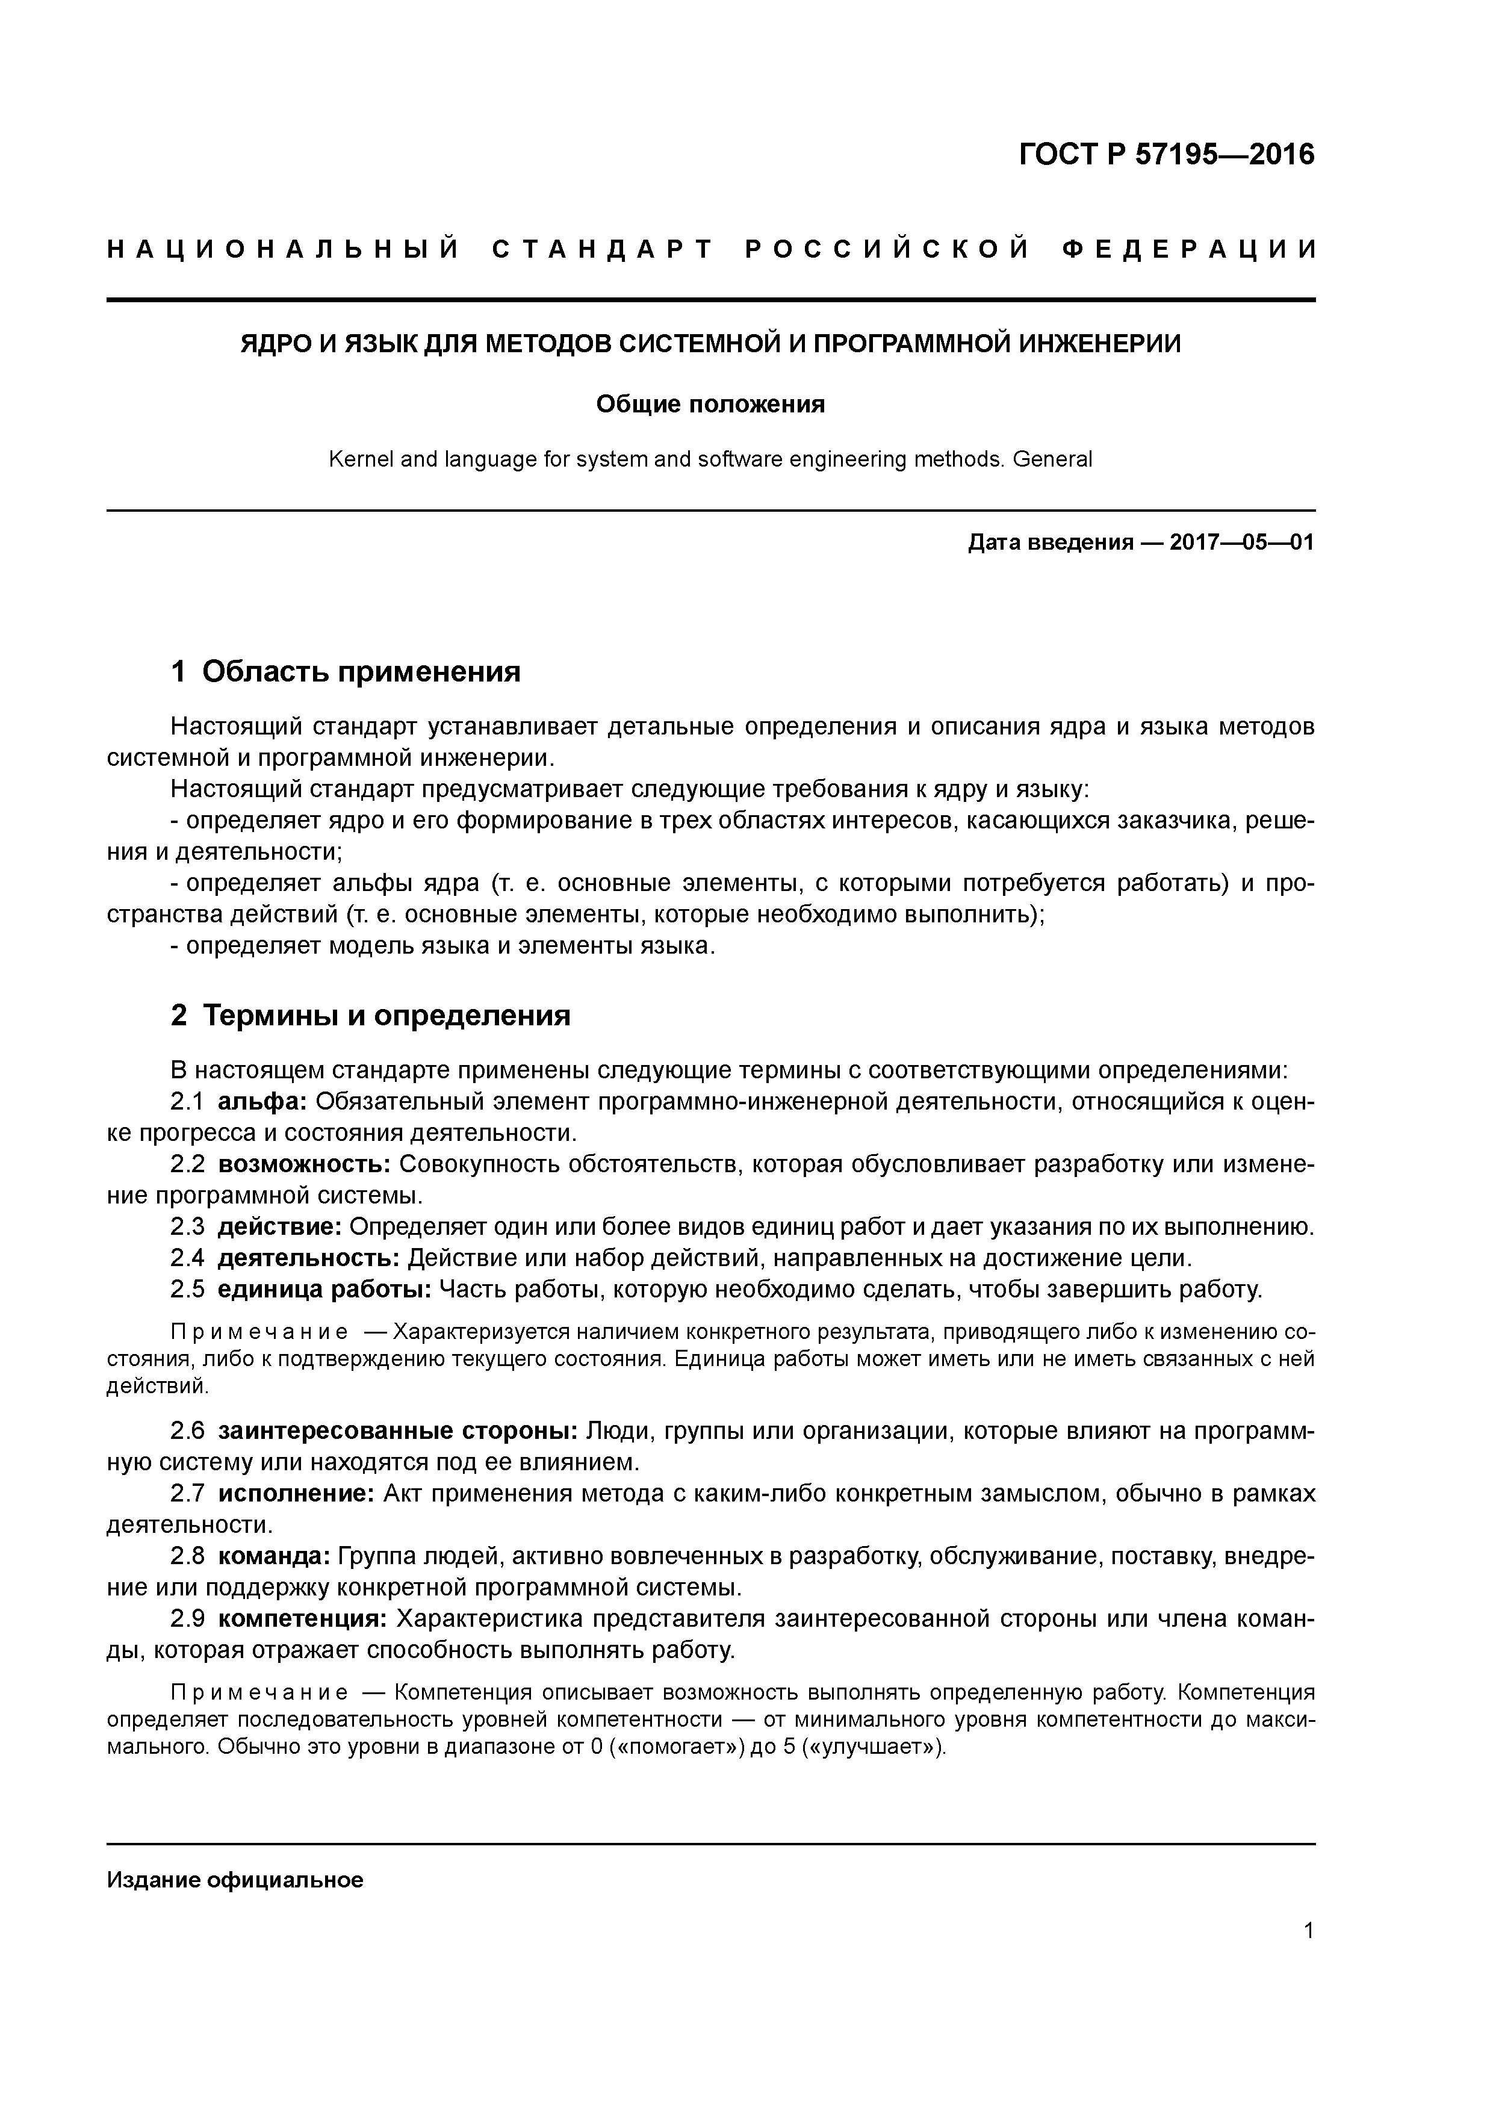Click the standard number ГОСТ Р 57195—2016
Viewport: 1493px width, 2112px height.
coord(1167,155)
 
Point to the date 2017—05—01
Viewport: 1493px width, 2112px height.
coord(1242,542)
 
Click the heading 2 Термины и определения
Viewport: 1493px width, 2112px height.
coord(371,1016)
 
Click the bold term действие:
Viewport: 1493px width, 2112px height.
coord(280,1227)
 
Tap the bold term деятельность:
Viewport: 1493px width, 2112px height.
coord(308,1258)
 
